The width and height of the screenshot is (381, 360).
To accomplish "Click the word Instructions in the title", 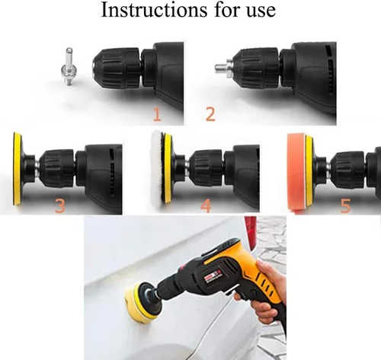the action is (x=154, y=10).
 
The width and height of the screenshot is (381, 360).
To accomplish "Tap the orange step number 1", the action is (x=157, y=114).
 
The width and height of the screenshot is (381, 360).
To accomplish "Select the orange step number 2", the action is (x=210, y=114).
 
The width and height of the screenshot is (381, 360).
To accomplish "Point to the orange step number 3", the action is (x=60, y=205).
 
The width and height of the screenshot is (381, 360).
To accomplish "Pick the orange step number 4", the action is (x=206, y=205).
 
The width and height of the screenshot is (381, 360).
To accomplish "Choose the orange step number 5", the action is (x=345, y=205).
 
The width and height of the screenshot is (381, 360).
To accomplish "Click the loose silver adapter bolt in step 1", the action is (x=68, y=66).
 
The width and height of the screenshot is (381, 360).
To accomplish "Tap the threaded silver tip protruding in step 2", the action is (x=220, y=68).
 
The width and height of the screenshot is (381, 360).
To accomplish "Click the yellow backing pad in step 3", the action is (x=18, y=168).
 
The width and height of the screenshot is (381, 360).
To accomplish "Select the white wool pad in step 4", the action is (x=158, y=168).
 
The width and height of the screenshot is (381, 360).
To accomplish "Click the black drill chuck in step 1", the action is (x=117, y=69).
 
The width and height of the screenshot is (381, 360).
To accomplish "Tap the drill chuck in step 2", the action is (x=255, y=68).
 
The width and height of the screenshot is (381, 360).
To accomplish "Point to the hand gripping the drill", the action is (x=268, y=292).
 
